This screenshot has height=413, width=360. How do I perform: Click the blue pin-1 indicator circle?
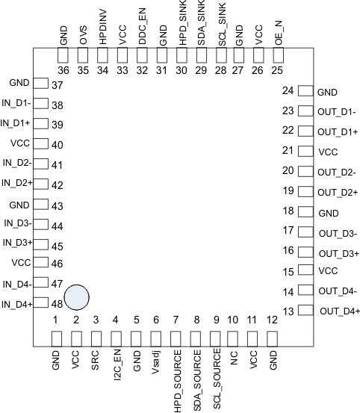click(x=77, y=297)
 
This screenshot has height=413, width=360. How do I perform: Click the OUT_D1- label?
click(x=336, y=112)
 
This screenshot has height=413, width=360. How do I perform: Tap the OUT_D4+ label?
click(x=339, y=311)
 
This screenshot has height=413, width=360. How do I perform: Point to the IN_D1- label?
click(x=16, y=103)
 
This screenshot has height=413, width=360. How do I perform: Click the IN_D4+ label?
click(x=16, y=304)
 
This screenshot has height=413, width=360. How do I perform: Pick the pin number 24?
click(x=288, y=91)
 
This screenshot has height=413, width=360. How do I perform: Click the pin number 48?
click(x=57, y=305)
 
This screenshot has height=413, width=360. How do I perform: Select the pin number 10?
click(x=233, y=320)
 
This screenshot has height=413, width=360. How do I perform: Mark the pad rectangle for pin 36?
click(x=63, y=56)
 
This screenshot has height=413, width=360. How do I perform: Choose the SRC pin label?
click(x=96, y=364)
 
